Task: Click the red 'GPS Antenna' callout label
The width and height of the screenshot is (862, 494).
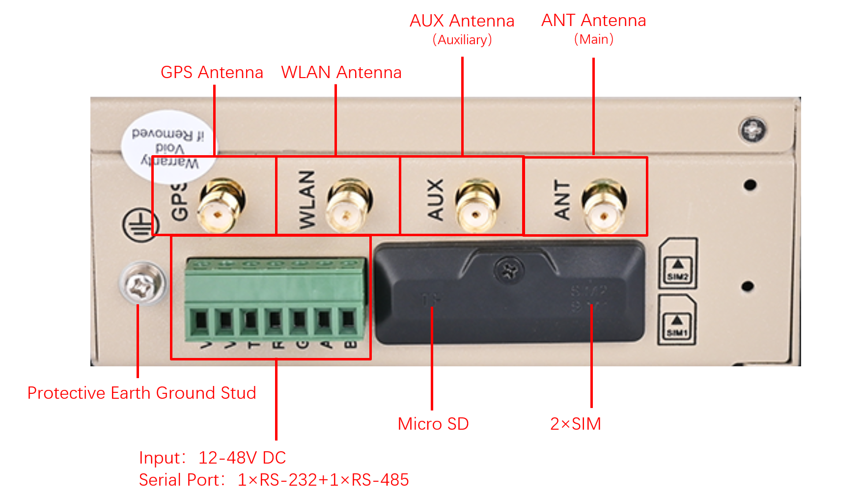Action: (x=212, y=73)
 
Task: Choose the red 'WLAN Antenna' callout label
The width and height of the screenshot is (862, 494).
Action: (x=341, y=73)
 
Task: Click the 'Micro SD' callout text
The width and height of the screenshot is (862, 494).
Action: (x=433, y=424)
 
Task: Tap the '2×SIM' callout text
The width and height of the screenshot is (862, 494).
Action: (x=575, y=424)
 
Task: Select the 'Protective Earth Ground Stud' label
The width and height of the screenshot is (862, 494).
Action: (x=141, y=393)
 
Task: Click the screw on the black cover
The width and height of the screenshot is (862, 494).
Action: (x=509, y=270)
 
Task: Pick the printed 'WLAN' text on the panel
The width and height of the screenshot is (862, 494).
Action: (x=307, y=199)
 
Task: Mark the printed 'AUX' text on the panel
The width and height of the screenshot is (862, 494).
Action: (x=435, y=199)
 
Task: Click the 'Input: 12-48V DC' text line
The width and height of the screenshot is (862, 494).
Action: (x=212, y=458)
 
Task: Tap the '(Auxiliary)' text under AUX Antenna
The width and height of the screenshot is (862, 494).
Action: (x=462, y=40)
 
